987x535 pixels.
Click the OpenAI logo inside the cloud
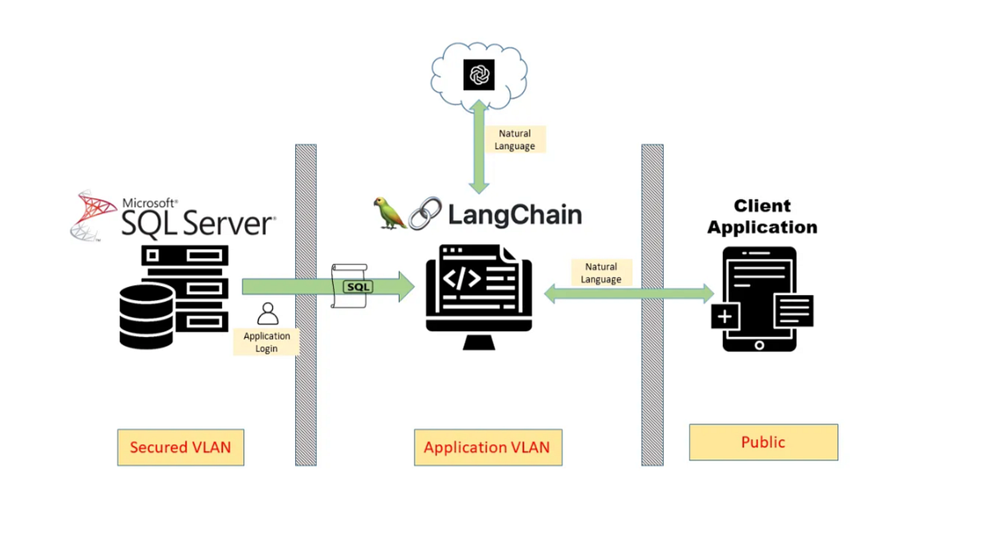479,75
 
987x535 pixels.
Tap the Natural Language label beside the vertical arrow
515,140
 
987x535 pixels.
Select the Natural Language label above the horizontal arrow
601,273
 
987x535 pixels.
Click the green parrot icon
389,213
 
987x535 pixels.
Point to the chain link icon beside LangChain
424,214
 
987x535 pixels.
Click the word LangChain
515,215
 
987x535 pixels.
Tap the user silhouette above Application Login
267,314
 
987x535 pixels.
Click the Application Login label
266,342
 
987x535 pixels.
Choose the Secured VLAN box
180,448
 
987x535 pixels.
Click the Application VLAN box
488,448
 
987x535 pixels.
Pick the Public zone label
763,442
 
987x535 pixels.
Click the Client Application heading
762,216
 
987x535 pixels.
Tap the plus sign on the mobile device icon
725,316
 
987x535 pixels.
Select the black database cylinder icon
146,317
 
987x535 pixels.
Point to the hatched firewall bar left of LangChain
306,305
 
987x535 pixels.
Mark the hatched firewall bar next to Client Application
652,305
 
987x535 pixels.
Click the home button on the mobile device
759,345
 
